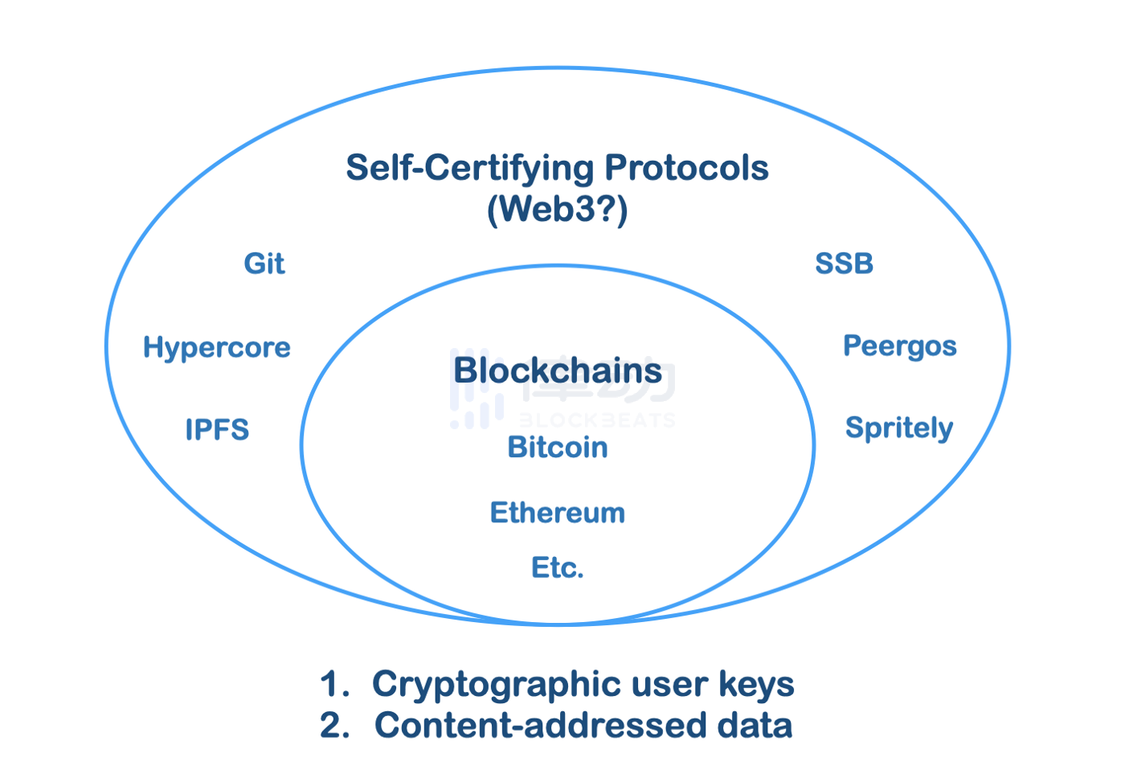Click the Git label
(264, 264)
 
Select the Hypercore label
(217, 347)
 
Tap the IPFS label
(217, 429)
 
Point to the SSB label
(844, 264)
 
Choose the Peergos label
(899, 346)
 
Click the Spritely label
(898, 428)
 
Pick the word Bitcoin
(558, 447)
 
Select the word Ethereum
(558, 513)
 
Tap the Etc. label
(558, 568)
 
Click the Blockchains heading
(558, 371)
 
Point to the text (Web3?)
(558, 209)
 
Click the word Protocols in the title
(686, 168)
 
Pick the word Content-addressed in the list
(540, 725)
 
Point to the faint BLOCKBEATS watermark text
(596, 420)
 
